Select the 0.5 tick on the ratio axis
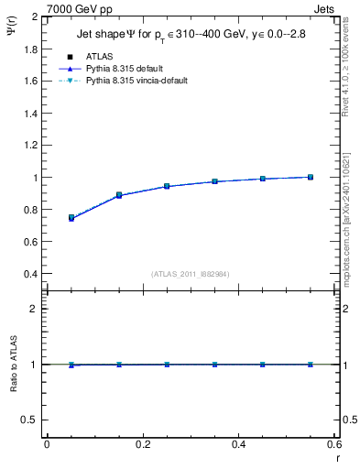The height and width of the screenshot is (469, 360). (31, 420)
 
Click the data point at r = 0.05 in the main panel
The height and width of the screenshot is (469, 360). (71, 218)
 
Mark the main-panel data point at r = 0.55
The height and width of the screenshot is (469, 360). (311, 177)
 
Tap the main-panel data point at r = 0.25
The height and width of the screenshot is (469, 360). (167, 186)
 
